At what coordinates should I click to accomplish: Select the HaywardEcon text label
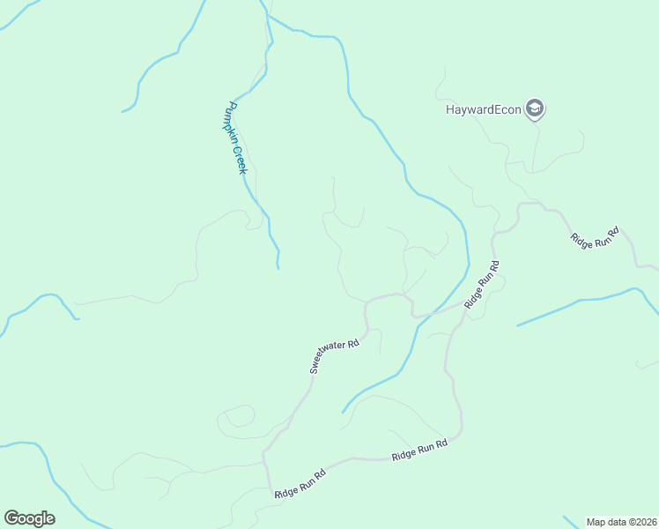point(484,109)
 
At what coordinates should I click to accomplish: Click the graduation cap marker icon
point(534,108)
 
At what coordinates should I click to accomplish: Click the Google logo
point(29,518)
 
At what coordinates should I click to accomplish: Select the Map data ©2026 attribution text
point(621,522)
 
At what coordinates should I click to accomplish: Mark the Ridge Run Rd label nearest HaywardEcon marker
point(595,237)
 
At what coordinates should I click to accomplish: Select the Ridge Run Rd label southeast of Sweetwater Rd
point(419,450)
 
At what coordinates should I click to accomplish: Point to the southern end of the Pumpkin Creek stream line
point(278,267)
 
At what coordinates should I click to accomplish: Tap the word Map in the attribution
point(596,522)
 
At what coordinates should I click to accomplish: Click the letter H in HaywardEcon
point(450,109)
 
